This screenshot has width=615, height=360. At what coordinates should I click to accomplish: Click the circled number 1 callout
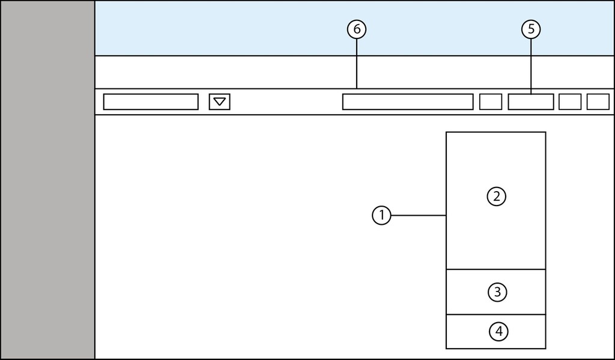(x=381, y=215)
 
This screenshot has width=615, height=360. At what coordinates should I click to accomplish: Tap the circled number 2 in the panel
(x=497, y=197)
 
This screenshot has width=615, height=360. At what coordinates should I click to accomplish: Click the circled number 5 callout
(x=531, y=28)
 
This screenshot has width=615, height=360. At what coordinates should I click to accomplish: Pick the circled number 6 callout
(x=357, y=28)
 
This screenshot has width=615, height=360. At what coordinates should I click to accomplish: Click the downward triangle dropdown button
(x=220, y=102)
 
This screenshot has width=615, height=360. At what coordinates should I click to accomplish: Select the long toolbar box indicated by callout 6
(x=408, y=102)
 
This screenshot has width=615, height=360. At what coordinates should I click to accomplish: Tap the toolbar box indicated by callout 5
(x=531, y=102)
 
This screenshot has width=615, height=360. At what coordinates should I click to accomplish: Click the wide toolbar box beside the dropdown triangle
(x=151, y=102)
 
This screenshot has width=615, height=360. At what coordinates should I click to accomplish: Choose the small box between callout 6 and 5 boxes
(x=491, y=102)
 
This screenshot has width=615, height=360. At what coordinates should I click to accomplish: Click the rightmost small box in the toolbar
(x=598, y=102)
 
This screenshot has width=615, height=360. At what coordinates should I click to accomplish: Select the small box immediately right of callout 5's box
(x=570, y=102)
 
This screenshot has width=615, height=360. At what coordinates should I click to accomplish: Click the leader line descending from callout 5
(x=531, y=66)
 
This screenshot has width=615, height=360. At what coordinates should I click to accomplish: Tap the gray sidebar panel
(x=47, y=180)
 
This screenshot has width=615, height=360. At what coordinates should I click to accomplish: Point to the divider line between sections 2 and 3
(x=496, y=269)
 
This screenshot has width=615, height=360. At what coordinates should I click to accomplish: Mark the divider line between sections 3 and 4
(x=496, y=314)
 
